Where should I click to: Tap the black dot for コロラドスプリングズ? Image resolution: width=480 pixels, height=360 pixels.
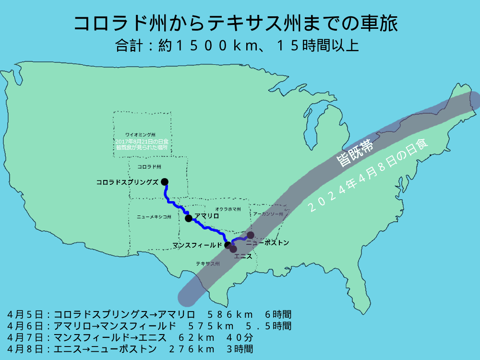[165, 181]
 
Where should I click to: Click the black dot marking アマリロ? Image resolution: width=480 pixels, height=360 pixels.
[189, 218]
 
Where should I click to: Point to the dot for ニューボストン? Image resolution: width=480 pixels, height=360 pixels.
[251, 235]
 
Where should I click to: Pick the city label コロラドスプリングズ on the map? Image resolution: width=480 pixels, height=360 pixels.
[127, 182]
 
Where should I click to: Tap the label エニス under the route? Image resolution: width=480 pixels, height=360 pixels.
[243, 256]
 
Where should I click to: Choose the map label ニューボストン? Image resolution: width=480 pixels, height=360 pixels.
[271, 243]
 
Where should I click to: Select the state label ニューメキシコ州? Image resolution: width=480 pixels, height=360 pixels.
[154, 217]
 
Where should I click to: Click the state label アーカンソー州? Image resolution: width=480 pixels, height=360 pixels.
[268, 214]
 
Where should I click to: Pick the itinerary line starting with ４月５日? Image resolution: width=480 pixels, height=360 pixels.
[149, 315]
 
